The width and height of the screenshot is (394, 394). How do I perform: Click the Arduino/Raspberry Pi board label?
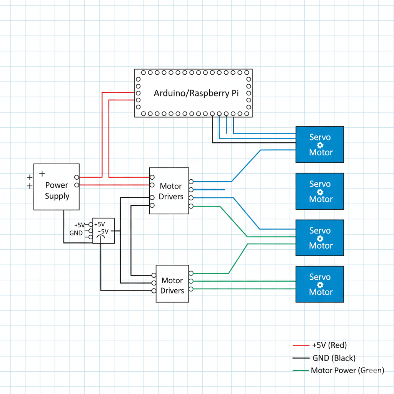pos(196,93)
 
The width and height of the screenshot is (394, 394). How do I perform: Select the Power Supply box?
pos(57,187)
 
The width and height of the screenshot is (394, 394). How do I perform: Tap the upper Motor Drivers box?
pos(169,191)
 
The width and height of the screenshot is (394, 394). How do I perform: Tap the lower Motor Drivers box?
pos(172,284)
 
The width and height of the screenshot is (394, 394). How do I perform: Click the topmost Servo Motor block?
pos(320,145)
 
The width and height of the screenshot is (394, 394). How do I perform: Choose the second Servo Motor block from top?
pos(320,191)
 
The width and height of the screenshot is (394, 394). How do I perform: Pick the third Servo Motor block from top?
pos(320,238)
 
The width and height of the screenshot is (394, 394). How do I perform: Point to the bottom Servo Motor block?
pos(320,284)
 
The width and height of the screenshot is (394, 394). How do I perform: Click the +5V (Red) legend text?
pos(332,345)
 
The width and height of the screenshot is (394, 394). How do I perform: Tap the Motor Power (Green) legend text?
pos(347,371)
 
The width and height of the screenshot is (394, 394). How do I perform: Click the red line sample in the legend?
pos(301,345)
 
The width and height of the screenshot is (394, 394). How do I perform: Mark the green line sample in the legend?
pos(301,371)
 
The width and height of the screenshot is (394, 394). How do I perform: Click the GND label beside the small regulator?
pos(76,233)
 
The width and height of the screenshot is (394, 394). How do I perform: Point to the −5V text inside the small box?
pos(104,231)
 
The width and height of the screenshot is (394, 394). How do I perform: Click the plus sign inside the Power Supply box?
pos(42,174)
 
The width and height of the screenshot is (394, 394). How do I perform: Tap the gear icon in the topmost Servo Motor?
pos(320,145)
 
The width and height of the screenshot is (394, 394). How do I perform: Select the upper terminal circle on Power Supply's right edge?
pos(77,177)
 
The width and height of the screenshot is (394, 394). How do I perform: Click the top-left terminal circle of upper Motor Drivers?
pos(152,177)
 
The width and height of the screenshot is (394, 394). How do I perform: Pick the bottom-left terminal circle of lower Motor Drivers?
pos(154,290)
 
